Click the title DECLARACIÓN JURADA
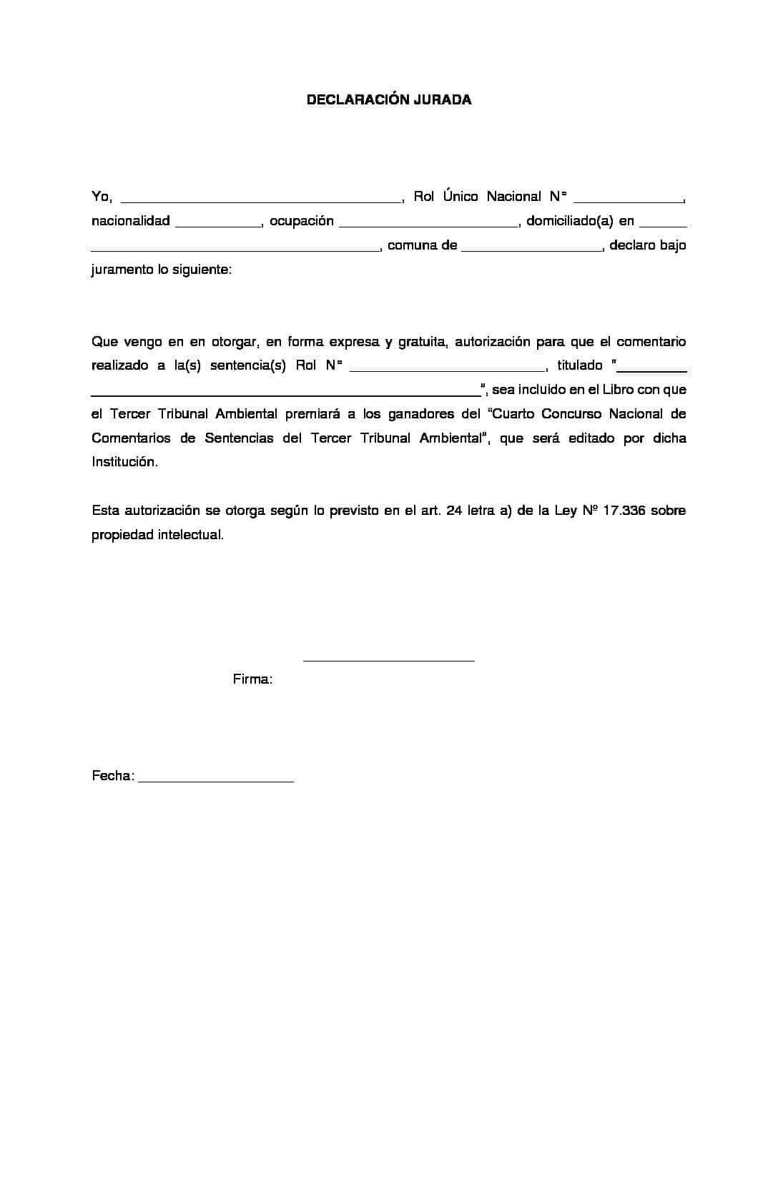(x=388, y=100)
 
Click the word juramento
(x=119, y=270)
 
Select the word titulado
(x=579, y=365)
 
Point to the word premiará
(x=312, y=414)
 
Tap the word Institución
(x=124, y=462)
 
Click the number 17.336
(x=624, y=511)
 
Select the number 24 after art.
(x=453, y=511)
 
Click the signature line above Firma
(x=388, y=659)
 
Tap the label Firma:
(x=252, y=679)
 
